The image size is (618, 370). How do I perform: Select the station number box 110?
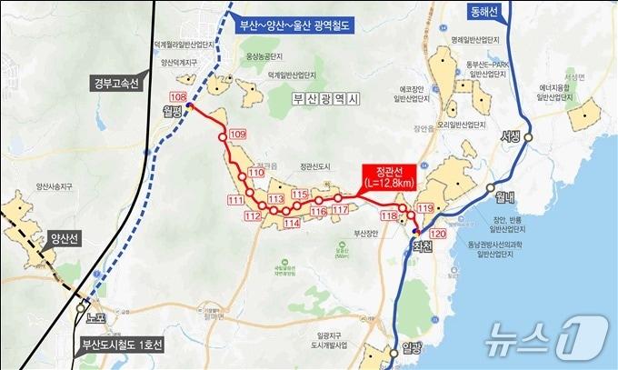point(256,173)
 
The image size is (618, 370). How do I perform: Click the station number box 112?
point(254,215)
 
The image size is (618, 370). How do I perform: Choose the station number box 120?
point(438,234)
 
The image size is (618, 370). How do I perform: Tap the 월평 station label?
point(173,112)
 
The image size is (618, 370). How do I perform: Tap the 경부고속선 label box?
point(115,85)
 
